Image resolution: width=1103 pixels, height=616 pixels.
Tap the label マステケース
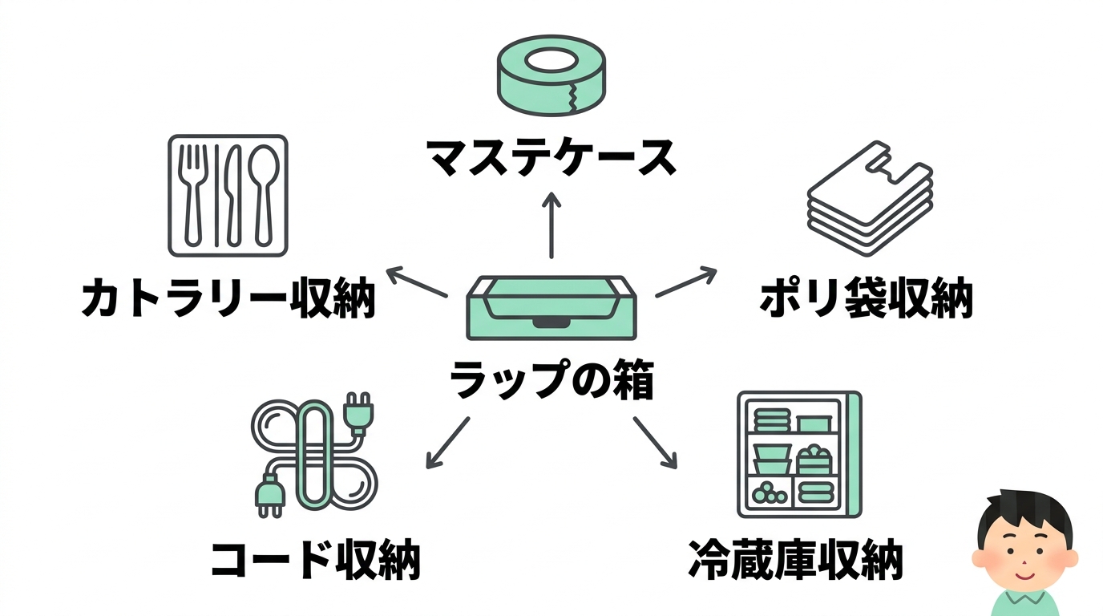point(551,159)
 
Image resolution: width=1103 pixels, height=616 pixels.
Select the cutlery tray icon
point(228,195)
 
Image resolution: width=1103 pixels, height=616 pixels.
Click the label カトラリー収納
point(228,299)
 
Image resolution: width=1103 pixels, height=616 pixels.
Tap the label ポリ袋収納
point(866,299)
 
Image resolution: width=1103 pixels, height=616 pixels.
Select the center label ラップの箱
point(551,381)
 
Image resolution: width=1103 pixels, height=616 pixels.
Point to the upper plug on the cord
point(358,411)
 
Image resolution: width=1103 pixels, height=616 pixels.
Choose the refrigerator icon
point(798,454)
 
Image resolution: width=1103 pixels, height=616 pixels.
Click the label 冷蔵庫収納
point(795,560)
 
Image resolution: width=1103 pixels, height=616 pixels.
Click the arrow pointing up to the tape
point(551,226)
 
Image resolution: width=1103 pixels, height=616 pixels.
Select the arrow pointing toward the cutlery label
point(416,283)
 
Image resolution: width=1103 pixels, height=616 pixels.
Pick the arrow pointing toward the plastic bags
point(686,282)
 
